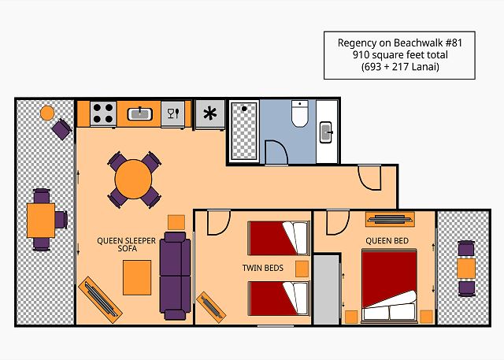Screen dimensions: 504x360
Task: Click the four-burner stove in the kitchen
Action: click(103, 113)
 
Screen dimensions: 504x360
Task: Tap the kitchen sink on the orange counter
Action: click(140, 113)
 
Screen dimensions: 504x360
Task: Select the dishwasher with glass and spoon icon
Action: click(173, 113)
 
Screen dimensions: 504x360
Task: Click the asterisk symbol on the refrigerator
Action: click(210, 113)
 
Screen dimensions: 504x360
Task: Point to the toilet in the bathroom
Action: click(300, 113)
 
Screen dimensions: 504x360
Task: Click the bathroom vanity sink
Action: click(326, 132)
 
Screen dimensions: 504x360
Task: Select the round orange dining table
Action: click(133, 180)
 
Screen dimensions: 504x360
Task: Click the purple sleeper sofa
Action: click(175, 276)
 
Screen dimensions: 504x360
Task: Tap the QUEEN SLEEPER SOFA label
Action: click(126, 245)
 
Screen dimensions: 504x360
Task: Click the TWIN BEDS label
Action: click(263, 268)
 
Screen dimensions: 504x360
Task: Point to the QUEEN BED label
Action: click(387, 241)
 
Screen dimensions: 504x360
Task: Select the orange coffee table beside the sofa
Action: click(137, 278)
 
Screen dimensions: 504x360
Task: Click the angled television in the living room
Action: click(100, 300)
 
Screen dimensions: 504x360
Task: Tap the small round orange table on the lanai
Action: click(47, 113)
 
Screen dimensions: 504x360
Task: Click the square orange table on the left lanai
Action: click(41, 221)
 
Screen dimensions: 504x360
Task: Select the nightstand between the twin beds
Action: click(302, 269)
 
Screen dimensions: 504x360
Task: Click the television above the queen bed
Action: click(390, 220)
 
